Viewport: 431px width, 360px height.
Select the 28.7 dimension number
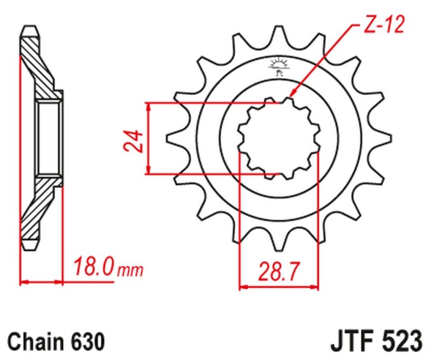point(279,269)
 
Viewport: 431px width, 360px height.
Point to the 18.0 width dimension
point(92,267)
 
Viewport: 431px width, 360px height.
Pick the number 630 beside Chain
point(86,342)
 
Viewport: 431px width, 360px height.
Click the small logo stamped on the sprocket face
point(279,67)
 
